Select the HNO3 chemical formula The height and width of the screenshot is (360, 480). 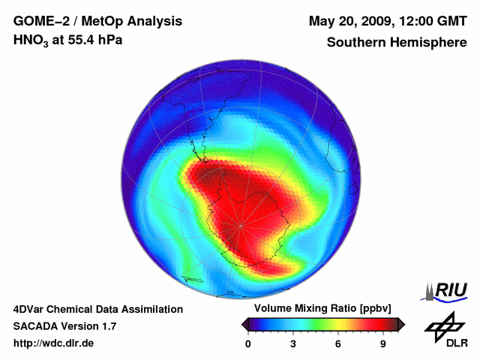[x=33, y=40]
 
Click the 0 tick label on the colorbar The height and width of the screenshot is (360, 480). [x=248, y=343]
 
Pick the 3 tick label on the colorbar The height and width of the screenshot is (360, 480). [x=293, y=343]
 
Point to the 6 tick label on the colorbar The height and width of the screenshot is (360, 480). [x=338, y=343]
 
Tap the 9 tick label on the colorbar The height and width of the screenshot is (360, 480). [x=382, y=343]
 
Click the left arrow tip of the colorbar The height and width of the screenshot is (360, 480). [x=244, y=324]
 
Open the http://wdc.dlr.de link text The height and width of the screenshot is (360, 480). [x=54, y=343]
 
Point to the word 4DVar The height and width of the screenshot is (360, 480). [x=31, y=309]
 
